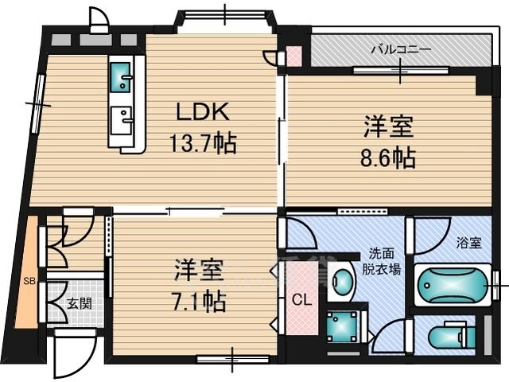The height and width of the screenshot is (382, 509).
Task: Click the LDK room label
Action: [203, 111]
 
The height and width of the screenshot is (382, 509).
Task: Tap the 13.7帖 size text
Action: [203, 143]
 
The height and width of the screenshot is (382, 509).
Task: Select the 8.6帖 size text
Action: [388, 158]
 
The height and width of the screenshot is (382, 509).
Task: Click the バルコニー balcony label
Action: [401, 49]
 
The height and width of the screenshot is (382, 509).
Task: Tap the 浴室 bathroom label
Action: [468, 243]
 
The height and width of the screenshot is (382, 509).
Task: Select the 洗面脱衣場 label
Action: [381, 261]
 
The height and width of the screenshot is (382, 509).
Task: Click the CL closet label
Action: [302, 300]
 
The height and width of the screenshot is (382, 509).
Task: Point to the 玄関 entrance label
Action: [80, 304]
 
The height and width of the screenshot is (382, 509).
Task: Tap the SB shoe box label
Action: [29, 281]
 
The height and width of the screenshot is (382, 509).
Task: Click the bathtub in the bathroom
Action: [453, 285]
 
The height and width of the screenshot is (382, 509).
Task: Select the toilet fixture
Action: [452, 337]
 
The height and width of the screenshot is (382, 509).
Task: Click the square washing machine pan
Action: [341, 327]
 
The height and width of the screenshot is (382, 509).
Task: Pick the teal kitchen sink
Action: [121, 77]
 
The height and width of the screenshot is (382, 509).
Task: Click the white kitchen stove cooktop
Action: [121, 120]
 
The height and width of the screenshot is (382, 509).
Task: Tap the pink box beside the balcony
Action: [294, 56]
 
